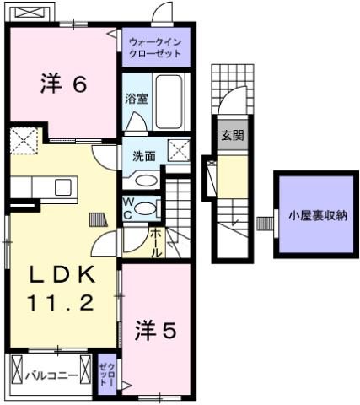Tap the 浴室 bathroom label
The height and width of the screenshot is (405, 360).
[x=136, y=99]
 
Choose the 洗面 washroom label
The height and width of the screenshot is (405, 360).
[x=143, y=156]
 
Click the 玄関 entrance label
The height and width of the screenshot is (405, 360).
[x=230, y=136]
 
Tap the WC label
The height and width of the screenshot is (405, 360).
[x=127, y=208]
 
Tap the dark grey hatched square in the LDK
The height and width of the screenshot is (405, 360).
[x=99, y=219]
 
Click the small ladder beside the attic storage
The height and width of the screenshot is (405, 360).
[x=265, y=224]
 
